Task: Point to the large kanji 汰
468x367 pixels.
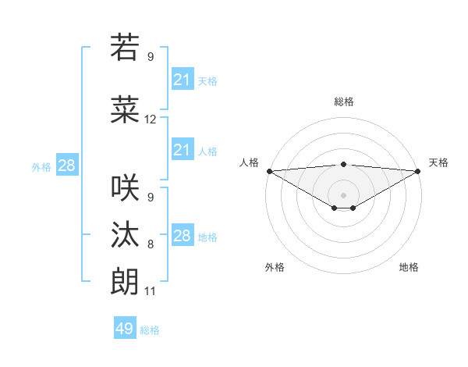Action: pyautogui.click(x=125, y=235)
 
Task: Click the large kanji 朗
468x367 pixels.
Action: pyautogui.click(x=125, y=282)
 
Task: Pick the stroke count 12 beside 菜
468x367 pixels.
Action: pyautogui.click(x=151, y=119)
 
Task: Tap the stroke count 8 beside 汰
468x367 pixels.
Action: pyautogui.click(x=151, y=244)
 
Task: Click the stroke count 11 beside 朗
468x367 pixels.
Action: pyautogui.click(x=151, y=291)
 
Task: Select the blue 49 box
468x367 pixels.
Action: pyautogui.click(x=125, y=329)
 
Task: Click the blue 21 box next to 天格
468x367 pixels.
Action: pyautogui.click(x=183, y=80)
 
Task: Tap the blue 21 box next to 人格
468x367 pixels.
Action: pyautogui.click(x=183, y=150)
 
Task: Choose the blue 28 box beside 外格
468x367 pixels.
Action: pyautogui.click(x=66, y=166)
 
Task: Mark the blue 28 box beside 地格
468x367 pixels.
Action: pyautogui.click(x=183, y=236)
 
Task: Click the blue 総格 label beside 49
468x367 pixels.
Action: pyautogui.click(x=150, y=330)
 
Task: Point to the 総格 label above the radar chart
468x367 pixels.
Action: pyautogui.click(x=343, y=102)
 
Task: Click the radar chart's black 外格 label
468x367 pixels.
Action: pyautogui.click(x=275, y=267)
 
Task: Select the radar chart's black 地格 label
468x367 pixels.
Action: pyautogui.click(x=409, y=267)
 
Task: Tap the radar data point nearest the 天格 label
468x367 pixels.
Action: pyautogui.click(x=418, y=171)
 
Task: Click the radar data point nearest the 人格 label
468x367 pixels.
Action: pyautogui.click(x=269, y=171)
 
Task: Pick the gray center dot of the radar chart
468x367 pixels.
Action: pyautogui.click(x=343, y=194)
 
